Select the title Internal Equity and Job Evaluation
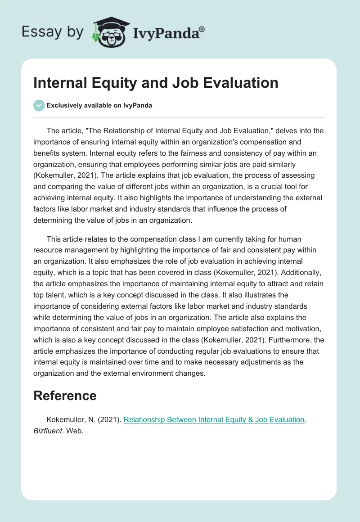(x=156, y=83)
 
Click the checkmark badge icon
(x=39, y=105)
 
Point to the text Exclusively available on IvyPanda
(x=99, y=106)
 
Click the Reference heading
(x=65, y=396)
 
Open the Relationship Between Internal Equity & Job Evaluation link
(x=214, y=419)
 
